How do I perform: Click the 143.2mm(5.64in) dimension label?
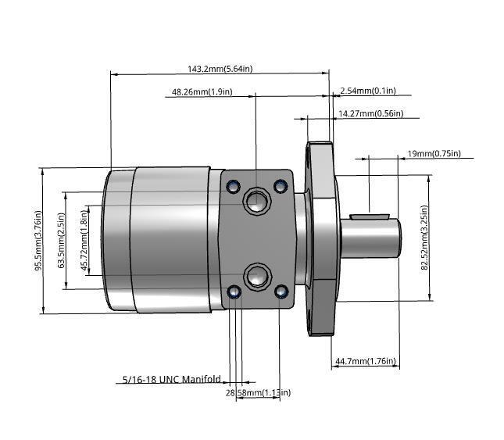(x=220, y=69)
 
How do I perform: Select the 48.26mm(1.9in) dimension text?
(x=202, y=92)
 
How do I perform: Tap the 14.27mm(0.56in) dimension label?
(x=370, y=114)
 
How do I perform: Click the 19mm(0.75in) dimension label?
(x=434, y=153)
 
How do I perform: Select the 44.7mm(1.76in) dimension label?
(x=366, y=361)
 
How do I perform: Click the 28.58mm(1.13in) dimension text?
(x=258, y=392)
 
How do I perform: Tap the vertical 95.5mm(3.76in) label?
(x=37, y=241)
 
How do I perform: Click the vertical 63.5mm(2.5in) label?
(x=61, y=241)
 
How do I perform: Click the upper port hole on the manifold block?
(x=255, y=202)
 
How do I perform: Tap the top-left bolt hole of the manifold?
(x=232, y=186)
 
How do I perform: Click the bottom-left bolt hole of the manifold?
(x=232, y=292)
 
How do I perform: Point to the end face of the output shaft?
(x=399, y=238)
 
